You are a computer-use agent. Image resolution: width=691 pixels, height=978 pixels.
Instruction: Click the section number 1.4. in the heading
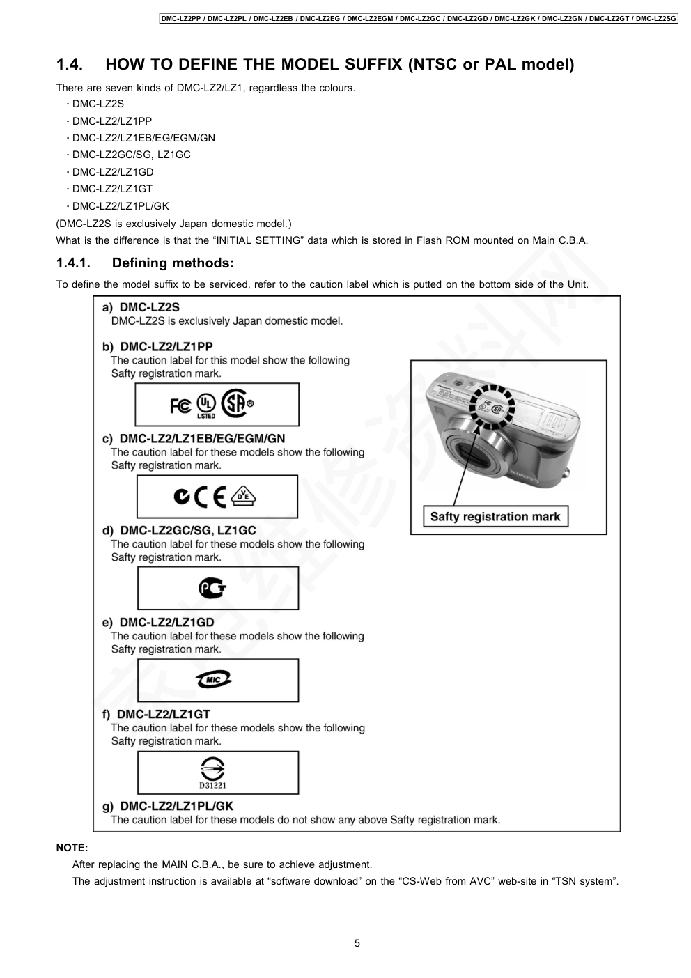(70, 65)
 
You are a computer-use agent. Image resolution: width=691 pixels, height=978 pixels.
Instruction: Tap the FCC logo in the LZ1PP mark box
(180, 405)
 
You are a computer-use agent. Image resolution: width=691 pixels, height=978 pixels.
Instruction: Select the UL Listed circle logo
(206, 405)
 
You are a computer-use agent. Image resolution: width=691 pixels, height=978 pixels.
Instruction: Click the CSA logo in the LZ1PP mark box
(234, 403)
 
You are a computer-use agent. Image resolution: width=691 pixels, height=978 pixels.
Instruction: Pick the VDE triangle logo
(243, 495)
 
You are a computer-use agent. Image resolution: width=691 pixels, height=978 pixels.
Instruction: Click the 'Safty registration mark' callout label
(495, 517)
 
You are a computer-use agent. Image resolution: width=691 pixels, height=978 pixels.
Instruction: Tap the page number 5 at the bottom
(357, 944)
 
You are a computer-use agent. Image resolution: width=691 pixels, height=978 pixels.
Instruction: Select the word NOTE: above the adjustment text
(72, 848)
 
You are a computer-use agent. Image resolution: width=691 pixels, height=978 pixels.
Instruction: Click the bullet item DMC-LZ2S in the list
(98, 104)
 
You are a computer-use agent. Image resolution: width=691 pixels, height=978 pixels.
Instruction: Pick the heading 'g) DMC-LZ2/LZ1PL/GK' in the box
(168, 806)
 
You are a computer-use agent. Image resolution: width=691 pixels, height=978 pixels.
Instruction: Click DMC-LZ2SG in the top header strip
(656, 18)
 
